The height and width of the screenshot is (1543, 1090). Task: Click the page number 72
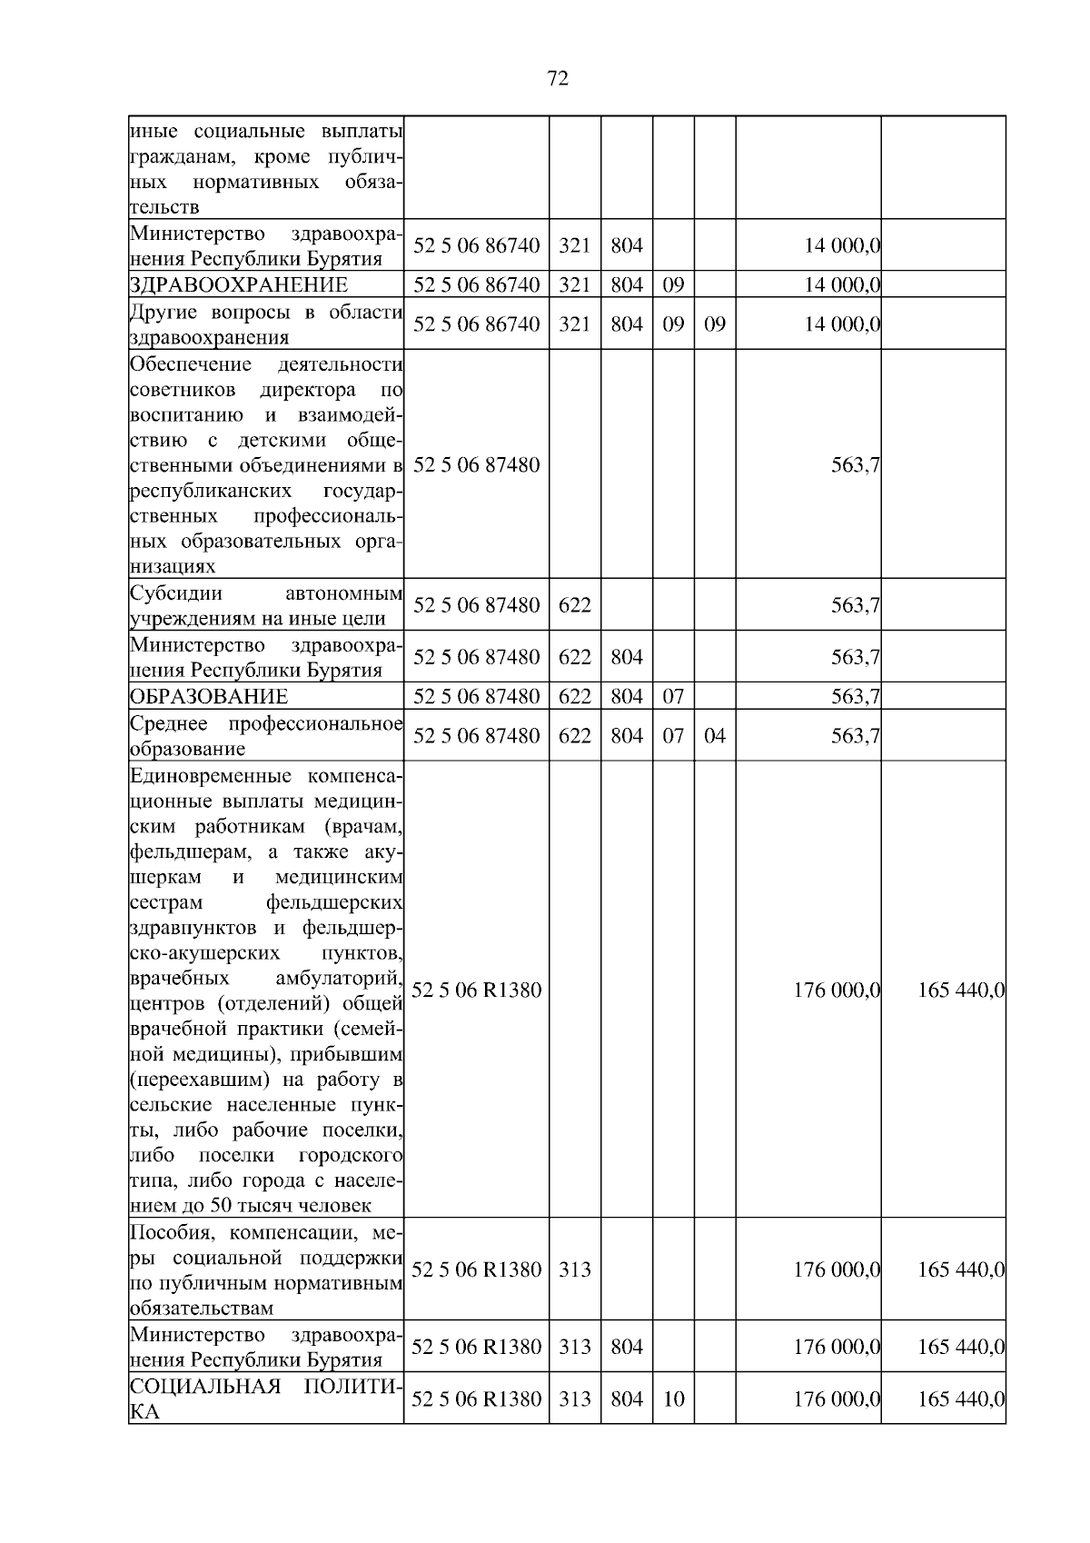[559, 79]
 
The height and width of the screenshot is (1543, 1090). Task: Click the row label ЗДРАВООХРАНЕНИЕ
[239, 285]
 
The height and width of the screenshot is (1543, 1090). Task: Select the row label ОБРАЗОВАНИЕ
[209, 697]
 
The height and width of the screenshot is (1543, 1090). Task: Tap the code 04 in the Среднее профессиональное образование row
[715, 736]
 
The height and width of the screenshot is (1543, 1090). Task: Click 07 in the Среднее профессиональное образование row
[673, 736]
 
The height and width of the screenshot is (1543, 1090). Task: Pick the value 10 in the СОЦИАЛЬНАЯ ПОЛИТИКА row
[673, 1399]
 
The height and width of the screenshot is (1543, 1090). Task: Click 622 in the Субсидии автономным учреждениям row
[575, 605]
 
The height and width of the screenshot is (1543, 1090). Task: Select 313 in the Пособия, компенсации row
[575, 1269]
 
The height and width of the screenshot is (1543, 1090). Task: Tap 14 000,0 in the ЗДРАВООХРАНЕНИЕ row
[842, 285]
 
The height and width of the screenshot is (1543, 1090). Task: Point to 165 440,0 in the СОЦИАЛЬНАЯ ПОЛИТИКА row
[961, 1399]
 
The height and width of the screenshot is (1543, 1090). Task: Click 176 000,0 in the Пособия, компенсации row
[837, 1269]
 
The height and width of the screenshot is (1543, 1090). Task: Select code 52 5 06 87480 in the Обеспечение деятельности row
[477, 465]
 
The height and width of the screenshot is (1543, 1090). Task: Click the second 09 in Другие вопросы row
[715, 324]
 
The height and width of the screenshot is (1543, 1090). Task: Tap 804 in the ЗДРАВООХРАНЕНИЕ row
[627, 285]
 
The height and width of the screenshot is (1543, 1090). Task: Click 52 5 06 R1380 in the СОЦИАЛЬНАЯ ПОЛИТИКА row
[477, 1399]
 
